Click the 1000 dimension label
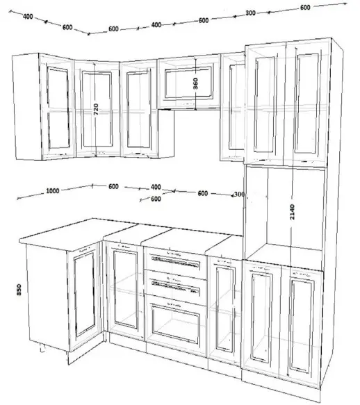pos(53,191)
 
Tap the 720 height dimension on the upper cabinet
pos(96,109)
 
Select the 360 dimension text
pos(195,83)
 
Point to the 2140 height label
pos(292,212)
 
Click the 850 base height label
pos(19,290)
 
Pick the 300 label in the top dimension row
pos(250,13)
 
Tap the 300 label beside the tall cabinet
pos(239,194)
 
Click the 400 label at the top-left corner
pos(28,17)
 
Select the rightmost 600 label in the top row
pos(305,8)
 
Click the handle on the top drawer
pos(176,261)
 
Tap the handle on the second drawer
pos(176,286)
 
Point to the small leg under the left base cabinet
pos(42,348)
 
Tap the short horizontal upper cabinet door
pos(189,82)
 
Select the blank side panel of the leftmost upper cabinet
pos(26,106)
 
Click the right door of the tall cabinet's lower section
pos(302,325)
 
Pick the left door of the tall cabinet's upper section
pos(265,104)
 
